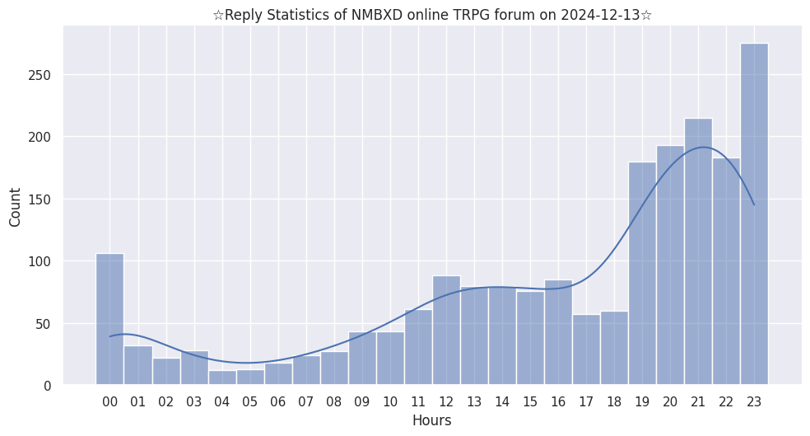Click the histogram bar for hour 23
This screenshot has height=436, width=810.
[754, 214]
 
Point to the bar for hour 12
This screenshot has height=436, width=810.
[446, 330]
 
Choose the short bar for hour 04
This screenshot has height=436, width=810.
[222, 377]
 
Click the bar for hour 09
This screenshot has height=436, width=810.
[362, 359]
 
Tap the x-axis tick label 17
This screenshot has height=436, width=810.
[586, 402]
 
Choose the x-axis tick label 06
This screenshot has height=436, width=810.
[278, 402]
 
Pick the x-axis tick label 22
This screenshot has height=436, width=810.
[726, 402]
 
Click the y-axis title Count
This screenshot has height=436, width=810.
[16, 207]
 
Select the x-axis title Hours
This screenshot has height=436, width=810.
[431, 420]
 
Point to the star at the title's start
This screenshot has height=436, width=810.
[218, 15]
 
